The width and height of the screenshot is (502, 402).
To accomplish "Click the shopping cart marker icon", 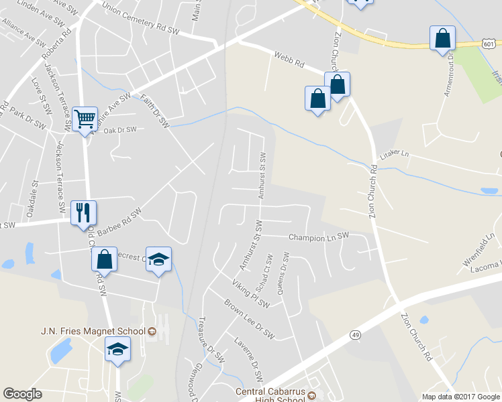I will pos(85,119).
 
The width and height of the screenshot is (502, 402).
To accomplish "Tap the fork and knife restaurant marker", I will pos(83,212).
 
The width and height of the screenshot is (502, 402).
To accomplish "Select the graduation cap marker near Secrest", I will pos(158,259).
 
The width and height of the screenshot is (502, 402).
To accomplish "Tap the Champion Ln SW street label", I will pos(319,237).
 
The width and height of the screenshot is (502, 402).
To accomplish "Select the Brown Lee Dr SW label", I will pos(250,324).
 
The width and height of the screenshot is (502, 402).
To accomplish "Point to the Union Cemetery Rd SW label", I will pos(141,18).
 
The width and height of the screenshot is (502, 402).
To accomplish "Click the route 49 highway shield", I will pos(356,334).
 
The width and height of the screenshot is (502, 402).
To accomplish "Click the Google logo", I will pos(22,394).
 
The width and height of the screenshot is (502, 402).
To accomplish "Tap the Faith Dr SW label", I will pos(155,111).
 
